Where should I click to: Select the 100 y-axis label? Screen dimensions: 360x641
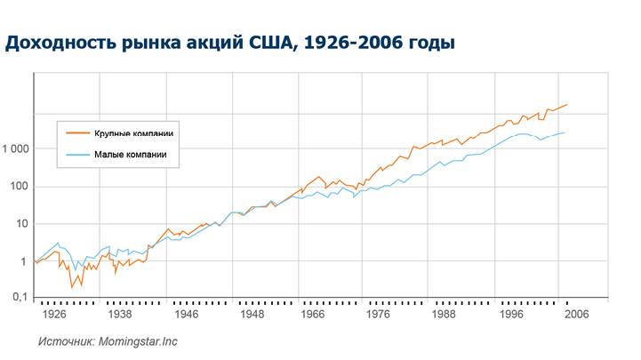[x=20, y=187]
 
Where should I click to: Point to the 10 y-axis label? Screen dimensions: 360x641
[x=22, y=224]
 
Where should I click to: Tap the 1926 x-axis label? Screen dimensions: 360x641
[x=55, y=315]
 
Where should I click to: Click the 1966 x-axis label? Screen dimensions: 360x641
[x=313, y=315]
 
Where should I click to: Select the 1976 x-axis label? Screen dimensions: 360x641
[x=380, y=315]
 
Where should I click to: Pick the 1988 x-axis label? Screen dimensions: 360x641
[x=445, y=315]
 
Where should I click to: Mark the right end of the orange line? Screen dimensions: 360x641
[x=566, y=104]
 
